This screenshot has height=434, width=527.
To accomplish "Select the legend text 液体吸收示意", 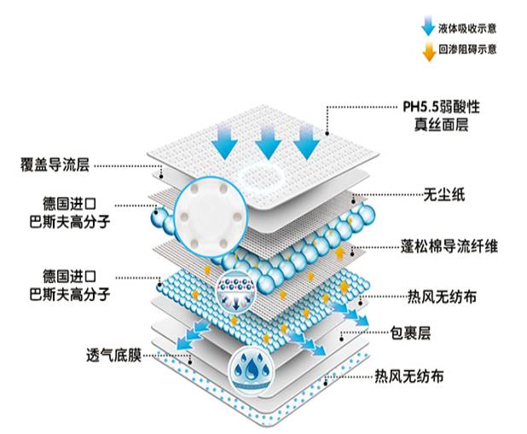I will point(467,29).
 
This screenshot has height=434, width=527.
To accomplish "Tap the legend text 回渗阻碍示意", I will point(467,49).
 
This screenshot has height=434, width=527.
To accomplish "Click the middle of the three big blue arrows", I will point(268,140).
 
